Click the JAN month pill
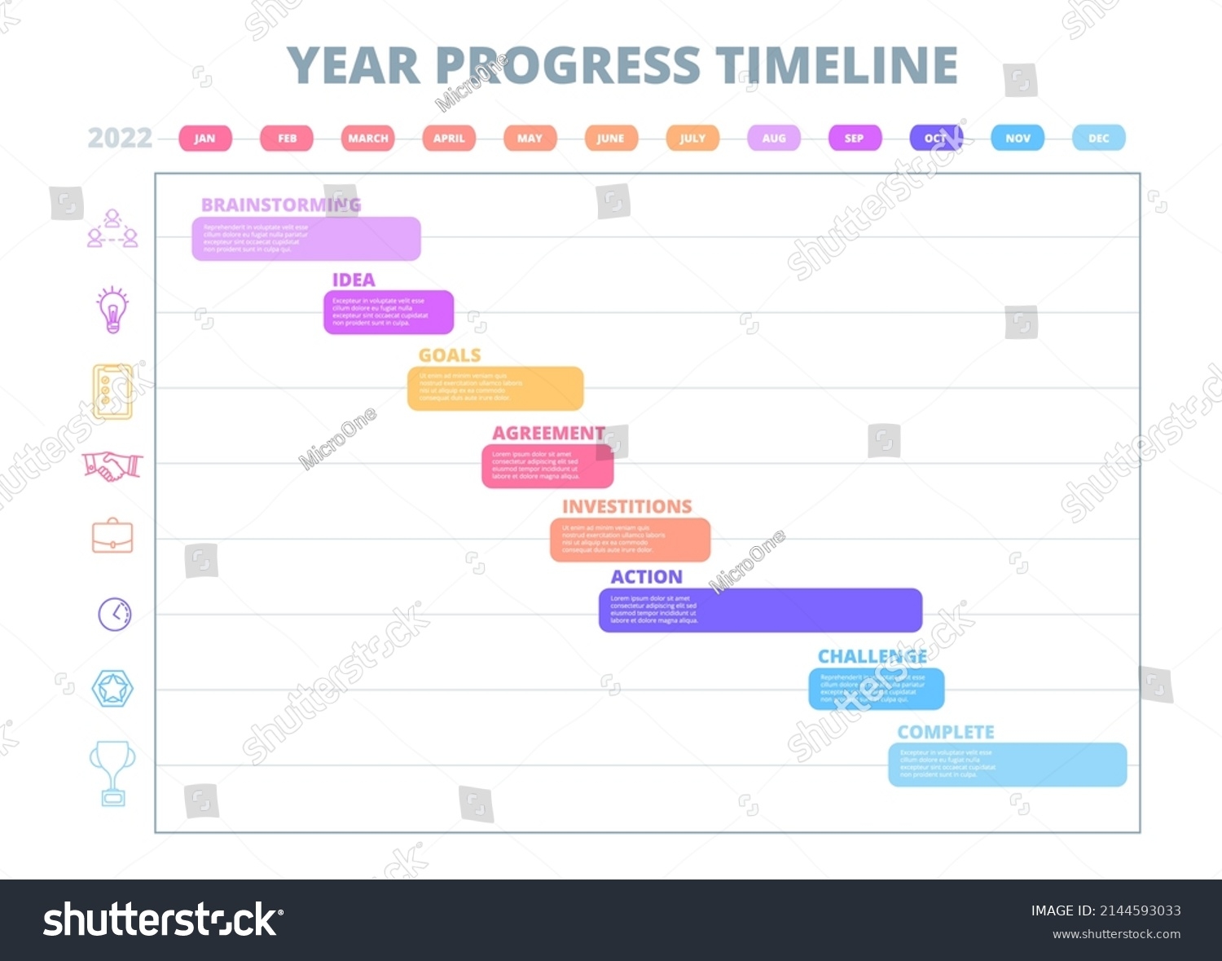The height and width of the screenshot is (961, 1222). click(204, 139)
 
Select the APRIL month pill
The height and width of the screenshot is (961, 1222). click(449, 139)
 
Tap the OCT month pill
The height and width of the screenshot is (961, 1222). click(936, 139)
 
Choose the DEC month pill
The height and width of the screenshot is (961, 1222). click(1098, 139)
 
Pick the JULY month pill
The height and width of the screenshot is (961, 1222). click(692, 139)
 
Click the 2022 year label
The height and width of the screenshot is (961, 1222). click(120, 139)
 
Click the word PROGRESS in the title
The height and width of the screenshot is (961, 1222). click(568, 66)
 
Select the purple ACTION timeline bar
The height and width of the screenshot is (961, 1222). click(760, 611)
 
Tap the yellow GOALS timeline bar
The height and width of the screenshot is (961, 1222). click(495, 389)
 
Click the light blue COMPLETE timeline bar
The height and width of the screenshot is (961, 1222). click(1007, 765)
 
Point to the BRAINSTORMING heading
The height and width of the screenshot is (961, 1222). click(280, 205)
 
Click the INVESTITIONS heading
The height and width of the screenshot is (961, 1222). click(626, 507)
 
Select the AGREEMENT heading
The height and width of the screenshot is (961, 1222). click(548, 434)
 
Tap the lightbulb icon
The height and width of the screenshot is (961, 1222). click(112, 310)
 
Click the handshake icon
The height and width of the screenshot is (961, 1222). click(112, 466)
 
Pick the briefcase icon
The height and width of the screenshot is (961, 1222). click(112, 536)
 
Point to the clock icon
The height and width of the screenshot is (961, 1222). click(115, 614)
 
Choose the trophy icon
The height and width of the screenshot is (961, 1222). click(112, 772)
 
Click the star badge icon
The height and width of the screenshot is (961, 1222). click(112, 689)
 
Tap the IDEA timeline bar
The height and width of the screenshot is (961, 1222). click(389, 312)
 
